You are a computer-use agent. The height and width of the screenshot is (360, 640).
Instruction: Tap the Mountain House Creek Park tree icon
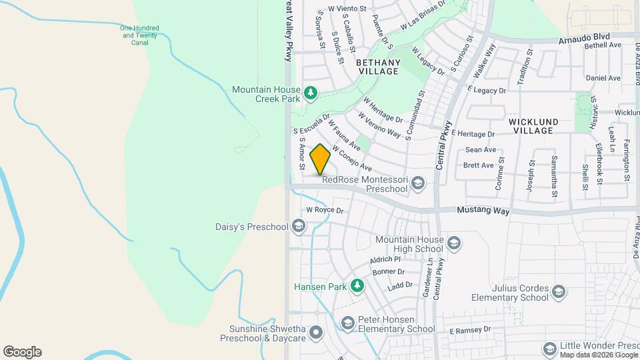pyautogui.click(x=309, y=92)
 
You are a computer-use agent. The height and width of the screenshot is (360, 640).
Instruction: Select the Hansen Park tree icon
pyautogui.click(x=358, y=286)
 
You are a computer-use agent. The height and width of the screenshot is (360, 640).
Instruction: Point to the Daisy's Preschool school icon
pyautogui.click(x=299, y=227)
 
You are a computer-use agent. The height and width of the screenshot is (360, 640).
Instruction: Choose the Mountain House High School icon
pyautogui.click(x=454, y=243)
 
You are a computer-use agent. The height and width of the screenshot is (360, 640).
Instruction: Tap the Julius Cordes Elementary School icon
pyautogui.click(x=559, y=291)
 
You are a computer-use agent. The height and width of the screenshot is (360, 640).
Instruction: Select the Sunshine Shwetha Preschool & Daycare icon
pyautogui.click(x=315, y=331)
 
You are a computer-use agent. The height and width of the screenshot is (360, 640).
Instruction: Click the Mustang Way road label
pyautogui.click(x=483, y=211)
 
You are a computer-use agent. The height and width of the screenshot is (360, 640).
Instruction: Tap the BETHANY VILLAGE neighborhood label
pyautogui.click(x=378, y=67)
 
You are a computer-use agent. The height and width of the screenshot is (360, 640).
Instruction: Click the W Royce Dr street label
pyautogui.click(x=324, y=210)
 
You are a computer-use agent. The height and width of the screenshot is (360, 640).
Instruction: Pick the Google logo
pyautogui.click(x=22, y=351)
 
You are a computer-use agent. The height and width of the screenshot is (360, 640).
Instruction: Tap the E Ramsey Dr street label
pyautogui.click(x=469, y=330)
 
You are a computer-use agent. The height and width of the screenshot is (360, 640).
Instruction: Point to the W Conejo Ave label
pyautogui.click(x=352, y=158)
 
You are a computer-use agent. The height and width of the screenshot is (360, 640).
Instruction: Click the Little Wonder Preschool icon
pyautogui.click(x=550, y=349)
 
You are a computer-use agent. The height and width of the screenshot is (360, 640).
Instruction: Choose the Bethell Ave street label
pyautogui.click(x=602, y=45)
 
